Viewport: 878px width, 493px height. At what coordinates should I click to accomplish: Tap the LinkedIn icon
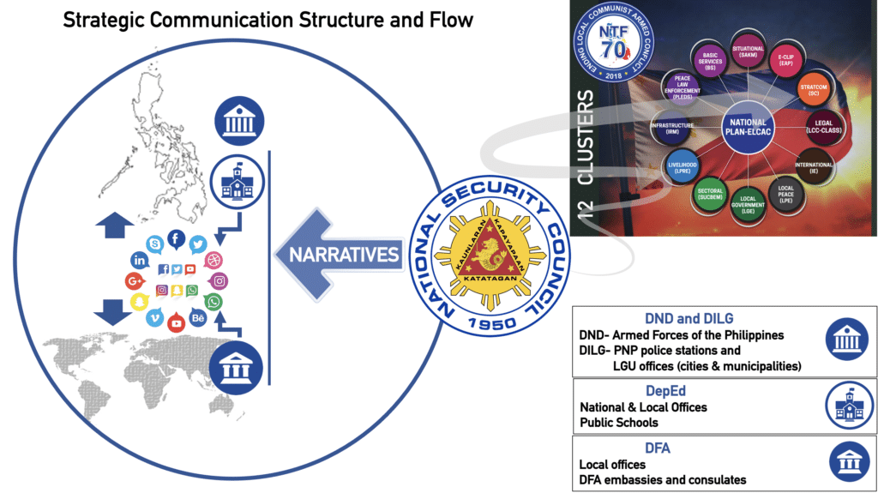pos(140,260)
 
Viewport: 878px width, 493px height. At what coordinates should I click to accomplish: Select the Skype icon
pos(154,244)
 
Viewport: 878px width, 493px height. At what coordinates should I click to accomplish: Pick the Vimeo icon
pos(155,319)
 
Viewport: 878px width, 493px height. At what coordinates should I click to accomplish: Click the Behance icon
pos(198,319)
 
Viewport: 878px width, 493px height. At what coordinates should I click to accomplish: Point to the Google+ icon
pos(134,280)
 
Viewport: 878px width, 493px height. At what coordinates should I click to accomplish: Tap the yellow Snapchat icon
pos(139,302)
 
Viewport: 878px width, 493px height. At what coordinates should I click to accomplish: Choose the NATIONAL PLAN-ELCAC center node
pos(744,128)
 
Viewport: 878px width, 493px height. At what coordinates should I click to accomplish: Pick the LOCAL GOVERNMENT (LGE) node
pos(749,204)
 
